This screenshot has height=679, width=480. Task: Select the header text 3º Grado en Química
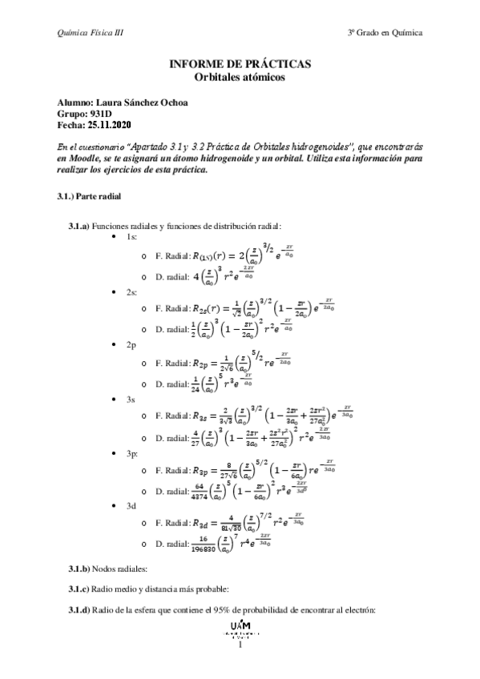pos(385,33)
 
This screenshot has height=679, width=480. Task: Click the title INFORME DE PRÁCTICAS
pos(240,64)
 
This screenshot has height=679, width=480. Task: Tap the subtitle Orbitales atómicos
pos(240,77)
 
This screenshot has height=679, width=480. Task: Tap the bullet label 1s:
pos(132,238)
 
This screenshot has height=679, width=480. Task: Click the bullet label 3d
pos(131,506)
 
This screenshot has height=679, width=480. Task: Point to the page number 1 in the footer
pos(240,642)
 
